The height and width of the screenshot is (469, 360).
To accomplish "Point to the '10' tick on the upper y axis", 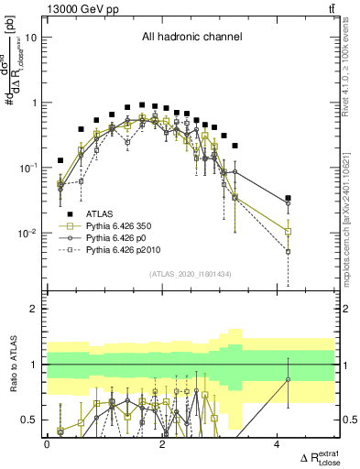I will [x=31, y=38].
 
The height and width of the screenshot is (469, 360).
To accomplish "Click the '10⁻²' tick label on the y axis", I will [x=28, y=233].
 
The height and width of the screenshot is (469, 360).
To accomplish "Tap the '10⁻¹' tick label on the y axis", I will [x=28, y=168].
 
